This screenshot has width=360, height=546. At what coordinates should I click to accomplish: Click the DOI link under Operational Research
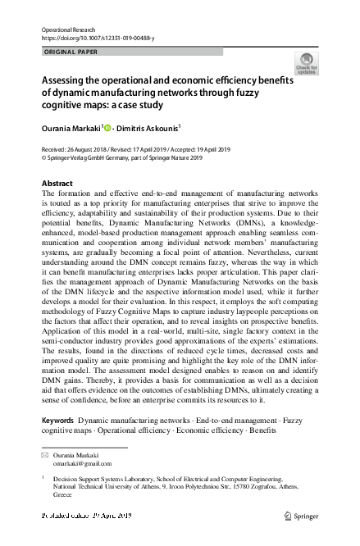tap(87, 38)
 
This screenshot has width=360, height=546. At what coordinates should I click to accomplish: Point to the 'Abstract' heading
tap(57, 183)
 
